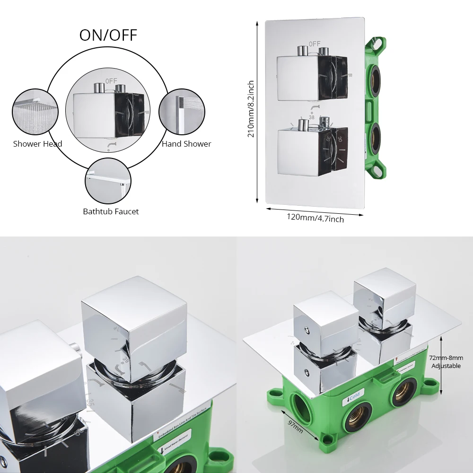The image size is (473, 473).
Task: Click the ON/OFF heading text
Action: (108, 35)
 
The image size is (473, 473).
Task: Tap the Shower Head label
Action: (37, 144)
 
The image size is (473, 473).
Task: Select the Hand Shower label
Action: (186, 144)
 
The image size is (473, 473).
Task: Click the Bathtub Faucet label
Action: (111, 211)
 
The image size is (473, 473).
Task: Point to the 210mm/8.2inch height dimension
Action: (251, 109)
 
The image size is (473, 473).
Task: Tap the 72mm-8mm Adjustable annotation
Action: (446, 362)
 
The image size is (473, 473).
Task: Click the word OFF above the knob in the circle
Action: (111, 81)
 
